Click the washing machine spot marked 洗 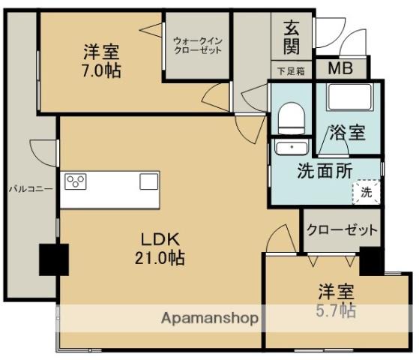click(x=366, y=191)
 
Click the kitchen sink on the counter click(x=148, y=181)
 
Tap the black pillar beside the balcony click(x=54, y=259)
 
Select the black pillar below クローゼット click(x=370, y=260)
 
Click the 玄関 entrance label click(x=292, y=37)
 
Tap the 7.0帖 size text click(x=101, y=71)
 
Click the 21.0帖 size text click(x=160, y=258)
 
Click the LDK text click(x=160, y=239)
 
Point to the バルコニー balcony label click(x=30, y=189)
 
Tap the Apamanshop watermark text click(x=210, y=318)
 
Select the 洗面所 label click(x=323, y=169)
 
